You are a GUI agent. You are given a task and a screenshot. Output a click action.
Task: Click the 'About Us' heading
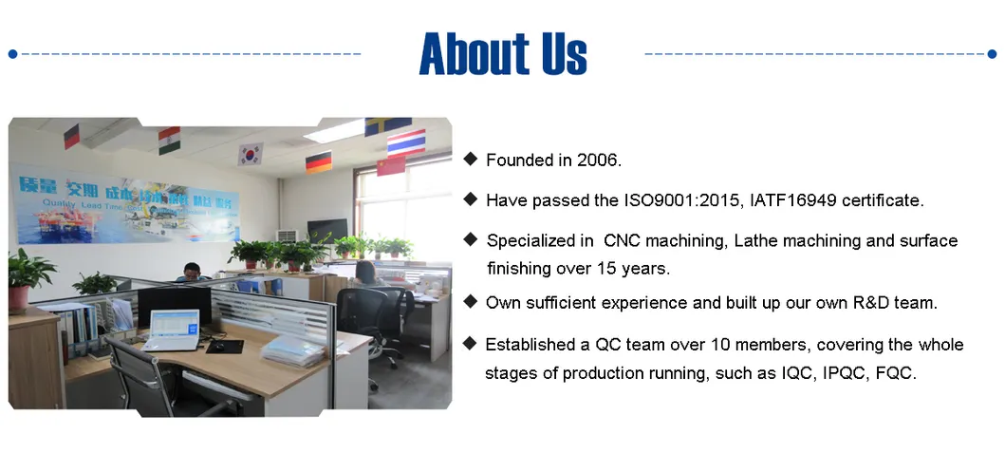[503, 53]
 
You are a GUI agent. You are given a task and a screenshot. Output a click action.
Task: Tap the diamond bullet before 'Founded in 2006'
[470, 159]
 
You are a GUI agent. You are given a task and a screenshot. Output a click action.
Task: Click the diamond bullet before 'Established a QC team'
[470, 343]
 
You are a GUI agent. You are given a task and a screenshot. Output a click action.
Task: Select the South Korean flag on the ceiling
[251, 153]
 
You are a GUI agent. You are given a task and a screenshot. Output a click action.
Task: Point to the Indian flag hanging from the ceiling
[169, 139]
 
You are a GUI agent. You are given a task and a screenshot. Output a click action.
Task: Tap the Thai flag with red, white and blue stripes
[406, 143]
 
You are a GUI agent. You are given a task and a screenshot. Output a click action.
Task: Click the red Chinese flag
[390, 166]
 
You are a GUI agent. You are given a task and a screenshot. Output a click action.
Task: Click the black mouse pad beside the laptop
[224, 346]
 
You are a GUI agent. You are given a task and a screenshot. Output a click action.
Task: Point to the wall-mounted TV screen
[327, 230]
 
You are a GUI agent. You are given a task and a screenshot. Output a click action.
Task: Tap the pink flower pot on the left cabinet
[19, 296]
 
